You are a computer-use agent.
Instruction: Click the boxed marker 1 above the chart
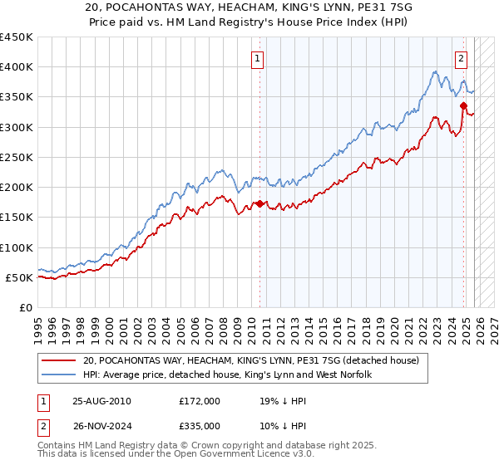[258, 59]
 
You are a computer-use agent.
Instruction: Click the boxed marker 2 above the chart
[461, 59]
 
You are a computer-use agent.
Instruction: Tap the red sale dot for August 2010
[259, 203]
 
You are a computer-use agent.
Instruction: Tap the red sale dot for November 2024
[463, 105]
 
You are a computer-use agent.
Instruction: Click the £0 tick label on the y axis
[25, 307]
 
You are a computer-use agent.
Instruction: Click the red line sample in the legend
[58, 361]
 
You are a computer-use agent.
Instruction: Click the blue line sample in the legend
[58, 375]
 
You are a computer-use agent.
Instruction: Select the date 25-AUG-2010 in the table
[101, 401]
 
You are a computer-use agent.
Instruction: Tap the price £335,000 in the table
[200, 426]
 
